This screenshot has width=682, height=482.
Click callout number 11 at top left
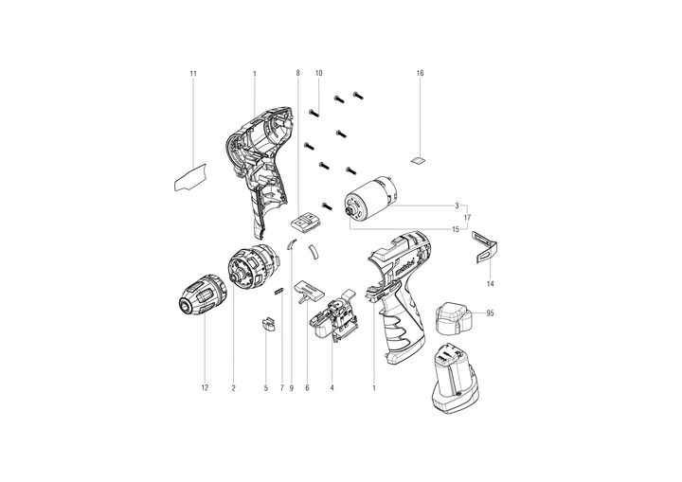(193, 74)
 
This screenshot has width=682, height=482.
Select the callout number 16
(420, 73)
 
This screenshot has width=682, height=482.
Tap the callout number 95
(491, 313)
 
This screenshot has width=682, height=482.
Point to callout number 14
(491, 284)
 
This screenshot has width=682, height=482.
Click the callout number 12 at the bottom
(205, 387)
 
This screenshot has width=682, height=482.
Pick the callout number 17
(467, 217)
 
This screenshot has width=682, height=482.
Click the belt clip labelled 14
(485, 246)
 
